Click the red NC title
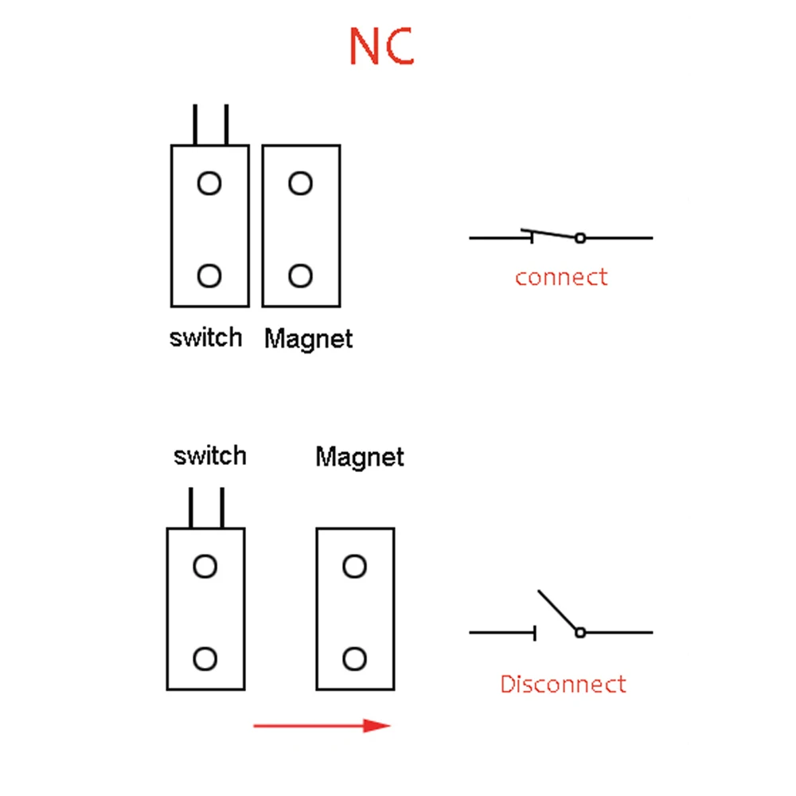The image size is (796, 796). (381, 47)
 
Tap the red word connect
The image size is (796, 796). (560, 278)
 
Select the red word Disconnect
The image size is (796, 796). (563, 684)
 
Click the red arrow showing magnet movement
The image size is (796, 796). (322, 725)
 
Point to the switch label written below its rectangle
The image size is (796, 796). (205, 338)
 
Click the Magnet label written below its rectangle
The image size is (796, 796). (308, 339)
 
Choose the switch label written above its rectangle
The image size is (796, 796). (210, 456)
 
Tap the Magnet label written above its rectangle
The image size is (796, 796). (360, 457)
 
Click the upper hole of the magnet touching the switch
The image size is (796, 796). (300, 184)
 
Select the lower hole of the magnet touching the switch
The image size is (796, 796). (300, 276)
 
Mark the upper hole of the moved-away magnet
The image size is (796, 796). (354, 567)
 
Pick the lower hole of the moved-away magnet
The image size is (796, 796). (354, 659)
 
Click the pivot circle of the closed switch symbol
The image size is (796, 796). (580, 238)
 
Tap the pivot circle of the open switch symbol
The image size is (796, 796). (580, 633)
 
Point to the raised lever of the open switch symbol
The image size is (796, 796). (558, 611)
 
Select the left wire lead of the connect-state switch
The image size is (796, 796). (194, 125)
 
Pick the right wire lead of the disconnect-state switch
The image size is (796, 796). (221, 508)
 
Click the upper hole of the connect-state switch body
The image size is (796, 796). (209, 184)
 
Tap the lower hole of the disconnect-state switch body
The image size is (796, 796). (205, 659)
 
